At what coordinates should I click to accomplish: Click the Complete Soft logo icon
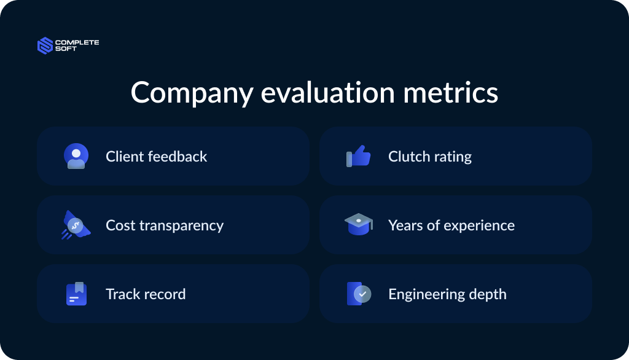45,45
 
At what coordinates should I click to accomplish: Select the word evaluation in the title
327,93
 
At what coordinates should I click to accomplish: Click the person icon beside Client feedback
76,156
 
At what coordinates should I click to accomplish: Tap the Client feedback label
156,157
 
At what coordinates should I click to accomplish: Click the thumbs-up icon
359,156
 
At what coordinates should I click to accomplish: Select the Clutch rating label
429,157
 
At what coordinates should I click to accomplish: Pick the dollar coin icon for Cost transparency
76,225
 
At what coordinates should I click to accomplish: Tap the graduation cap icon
358,224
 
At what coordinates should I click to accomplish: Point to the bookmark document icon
76,294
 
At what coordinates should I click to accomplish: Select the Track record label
146,294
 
